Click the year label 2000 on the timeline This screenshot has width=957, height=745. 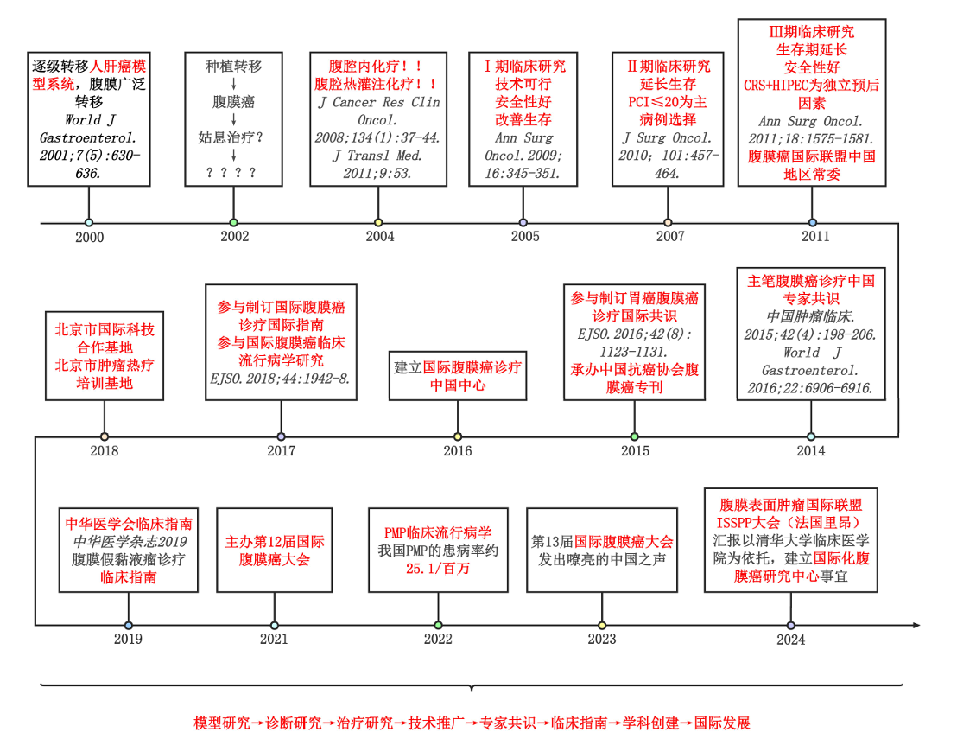[x=89, y=237]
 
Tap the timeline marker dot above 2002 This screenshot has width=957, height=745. [x=233, y=222]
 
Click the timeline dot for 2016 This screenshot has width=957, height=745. [x=458, y=436]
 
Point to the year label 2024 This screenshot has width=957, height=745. [x=790, y=640]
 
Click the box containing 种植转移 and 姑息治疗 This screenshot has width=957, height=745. [x=233, y=118]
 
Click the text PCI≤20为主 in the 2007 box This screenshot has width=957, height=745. [x=667, y=102]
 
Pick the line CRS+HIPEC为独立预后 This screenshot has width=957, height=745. [x=812, y=86]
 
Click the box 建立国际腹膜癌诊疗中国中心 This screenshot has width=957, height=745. [x=458, y=376]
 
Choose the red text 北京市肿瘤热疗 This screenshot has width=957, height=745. [x=105, y=366]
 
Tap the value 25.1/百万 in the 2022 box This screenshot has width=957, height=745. [x=438, y=569]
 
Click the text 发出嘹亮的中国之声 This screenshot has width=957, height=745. [x=602, y=558]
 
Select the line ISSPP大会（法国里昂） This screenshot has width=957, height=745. [x=790, y=522]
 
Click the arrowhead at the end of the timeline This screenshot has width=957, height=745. [x=916, y=625]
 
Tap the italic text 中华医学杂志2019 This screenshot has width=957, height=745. [x=129, y=541]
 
